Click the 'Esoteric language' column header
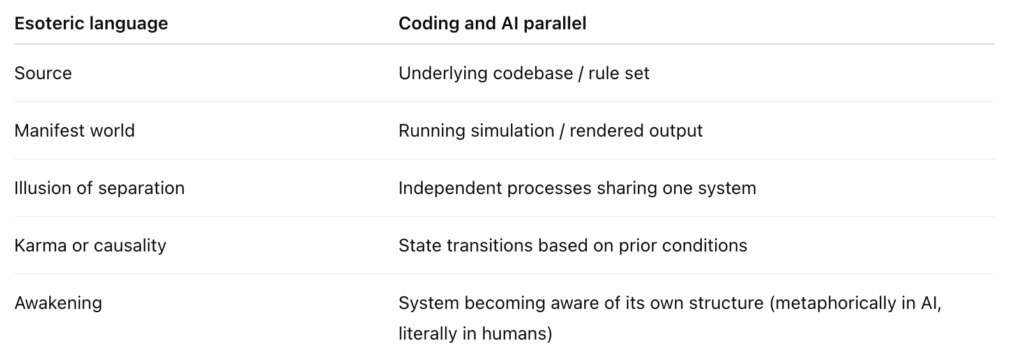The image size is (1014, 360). [91, 24]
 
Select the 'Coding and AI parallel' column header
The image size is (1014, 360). [492, 24]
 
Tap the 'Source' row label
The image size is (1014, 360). [43, 73]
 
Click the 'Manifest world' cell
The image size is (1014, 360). [75, 131]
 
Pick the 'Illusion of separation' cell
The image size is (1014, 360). [100, 188]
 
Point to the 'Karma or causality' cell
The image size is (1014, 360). [90, 246]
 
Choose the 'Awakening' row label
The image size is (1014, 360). [58, 303]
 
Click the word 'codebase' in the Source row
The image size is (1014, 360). [533, 73]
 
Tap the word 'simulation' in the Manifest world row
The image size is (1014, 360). [513, 131]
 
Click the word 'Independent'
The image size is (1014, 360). [450, 188]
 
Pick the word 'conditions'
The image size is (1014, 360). [704, 246]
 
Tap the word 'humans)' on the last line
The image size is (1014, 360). [517, 334]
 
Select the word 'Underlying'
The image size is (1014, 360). [443, 73]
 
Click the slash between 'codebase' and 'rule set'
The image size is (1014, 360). [581, 73]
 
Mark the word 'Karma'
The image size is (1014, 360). [41, 246]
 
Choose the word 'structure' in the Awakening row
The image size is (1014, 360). [726, 303]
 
